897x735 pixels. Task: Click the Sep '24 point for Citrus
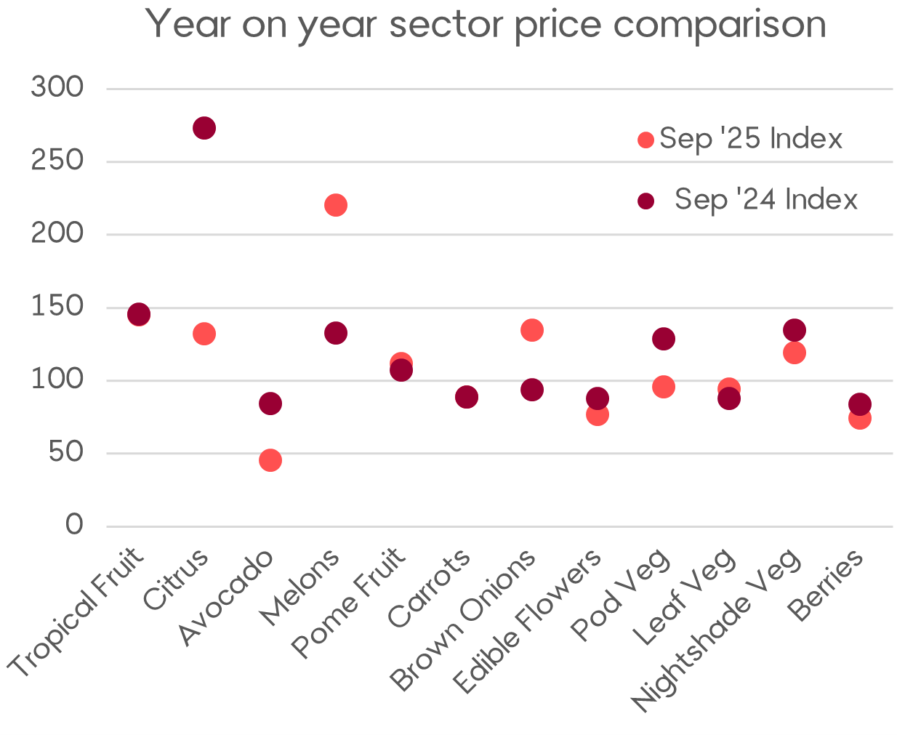pos(204,128)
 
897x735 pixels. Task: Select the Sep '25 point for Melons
pos(335,205)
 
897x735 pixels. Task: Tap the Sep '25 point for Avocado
pos(270,460)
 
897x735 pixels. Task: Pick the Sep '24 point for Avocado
pos(270,403)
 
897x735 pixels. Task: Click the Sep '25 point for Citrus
pos(204,334)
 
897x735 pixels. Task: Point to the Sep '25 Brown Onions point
pos(532,330)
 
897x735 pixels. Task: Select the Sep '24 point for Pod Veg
pos(664,339)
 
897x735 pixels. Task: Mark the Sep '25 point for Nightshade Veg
pos(795,353)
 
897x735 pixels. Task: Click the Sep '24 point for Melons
pos(335,334)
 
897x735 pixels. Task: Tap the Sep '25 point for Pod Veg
pos(664,387)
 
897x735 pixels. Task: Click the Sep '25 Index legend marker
pos(645,140)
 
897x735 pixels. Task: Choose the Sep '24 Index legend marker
pos(645,201)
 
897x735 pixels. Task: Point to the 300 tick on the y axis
pos(57,88)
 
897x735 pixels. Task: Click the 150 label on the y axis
pos(57,307)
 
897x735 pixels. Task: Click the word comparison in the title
pos(720,25)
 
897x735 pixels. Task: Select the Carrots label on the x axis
pos(430,588)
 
